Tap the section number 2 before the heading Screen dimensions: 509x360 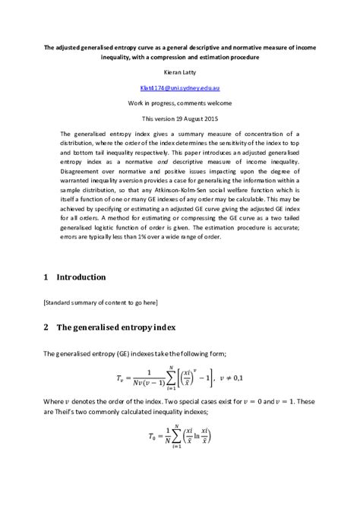[46, 327]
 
